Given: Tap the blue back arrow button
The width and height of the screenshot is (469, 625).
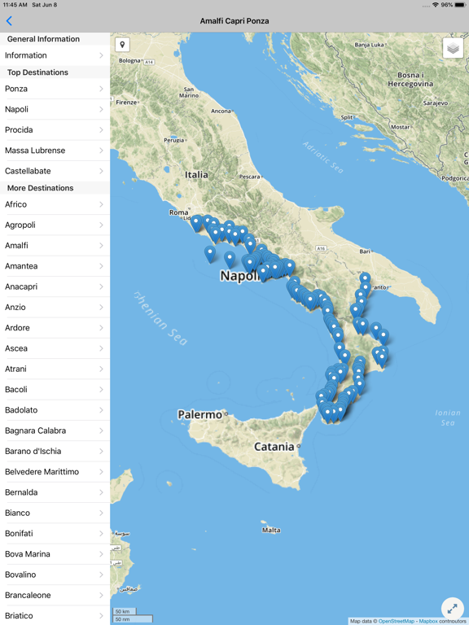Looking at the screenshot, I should (9, 21).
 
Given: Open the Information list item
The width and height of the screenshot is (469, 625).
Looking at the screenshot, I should (55, 55).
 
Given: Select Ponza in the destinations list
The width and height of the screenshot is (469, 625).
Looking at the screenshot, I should (55, 89).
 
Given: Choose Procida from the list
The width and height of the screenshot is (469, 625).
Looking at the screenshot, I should (55, 130).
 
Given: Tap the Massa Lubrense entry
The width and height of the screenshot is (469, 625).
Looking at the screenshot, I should (55, 151).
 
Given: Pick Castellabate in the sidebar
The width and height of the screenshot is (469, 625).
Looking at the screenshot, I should (55, 171).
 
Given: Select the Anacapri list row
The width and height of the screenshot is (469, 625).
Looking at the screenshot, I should (55, 286).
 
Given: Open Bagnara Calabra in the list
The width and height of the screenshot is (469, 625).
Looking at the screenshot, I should (55, 431).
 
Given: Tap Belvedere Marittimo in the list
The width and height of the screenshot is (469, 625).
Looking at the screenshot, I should (55, 472).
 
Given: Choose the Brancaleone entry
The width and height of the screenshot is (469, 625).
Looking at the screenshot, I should (55, 595).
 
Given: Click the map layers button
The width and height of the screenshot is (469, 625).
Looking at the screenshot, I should (454, 49).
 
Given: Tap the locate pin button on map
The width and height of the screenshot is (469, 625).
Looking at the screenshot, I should (122, 45).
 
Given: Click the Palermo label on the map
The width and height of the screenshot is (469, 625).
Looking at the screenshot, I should (200, 415).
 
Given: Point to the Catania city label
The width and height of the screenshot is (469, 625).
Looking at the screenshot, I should (274, 446).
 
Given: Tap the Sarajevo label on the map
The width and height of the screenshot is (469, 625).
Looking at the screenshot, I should (435, 103).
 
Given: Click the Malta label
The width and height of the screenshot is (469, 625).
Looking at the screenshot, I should (271, 530).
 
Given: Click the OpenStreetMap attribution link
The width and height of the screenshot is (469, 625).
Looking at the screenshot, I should (397, 621).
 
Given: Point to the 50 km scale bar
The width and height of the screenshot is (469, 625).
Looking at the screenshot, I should (124, 611).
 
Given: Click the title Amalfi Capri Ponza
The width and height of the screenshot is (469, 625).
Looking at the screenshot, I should (234, 21).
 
